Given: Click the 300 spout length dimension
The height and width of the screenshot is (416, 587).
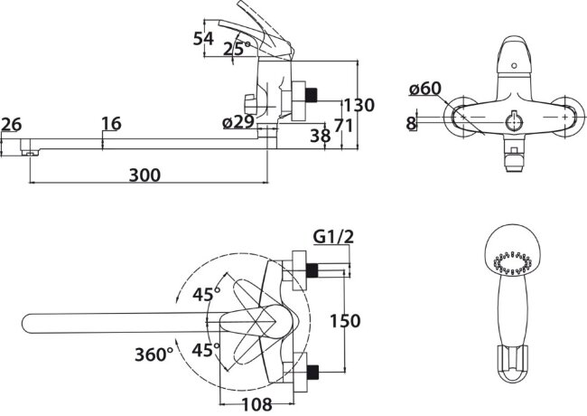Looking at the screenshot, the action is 144,175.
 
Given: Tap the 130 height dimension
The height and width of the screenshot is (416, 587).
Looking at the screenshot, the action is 359,105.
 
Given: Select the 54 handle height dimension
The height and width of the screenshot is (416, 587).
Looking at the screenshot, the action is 203,39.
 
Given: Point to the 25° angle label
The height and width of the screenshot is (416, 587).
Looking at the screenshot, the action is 237,48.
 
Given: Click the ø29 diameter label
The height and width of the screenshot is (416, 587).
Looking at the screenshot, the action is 238,122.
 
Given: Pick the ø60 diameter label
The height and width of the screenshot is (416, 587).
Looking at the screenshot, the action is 425,89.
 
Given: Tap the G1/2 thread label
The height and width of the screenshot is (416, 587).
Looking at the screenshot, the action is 333,236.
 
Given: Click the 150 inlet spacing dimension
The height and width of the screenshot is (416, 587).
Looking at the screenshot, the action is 345,321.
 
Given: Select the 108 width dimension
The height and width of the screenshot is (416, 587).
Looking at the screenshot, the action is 256,404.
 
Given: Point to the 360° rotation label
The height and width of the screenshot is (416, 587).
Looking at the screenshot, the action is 154,355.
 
